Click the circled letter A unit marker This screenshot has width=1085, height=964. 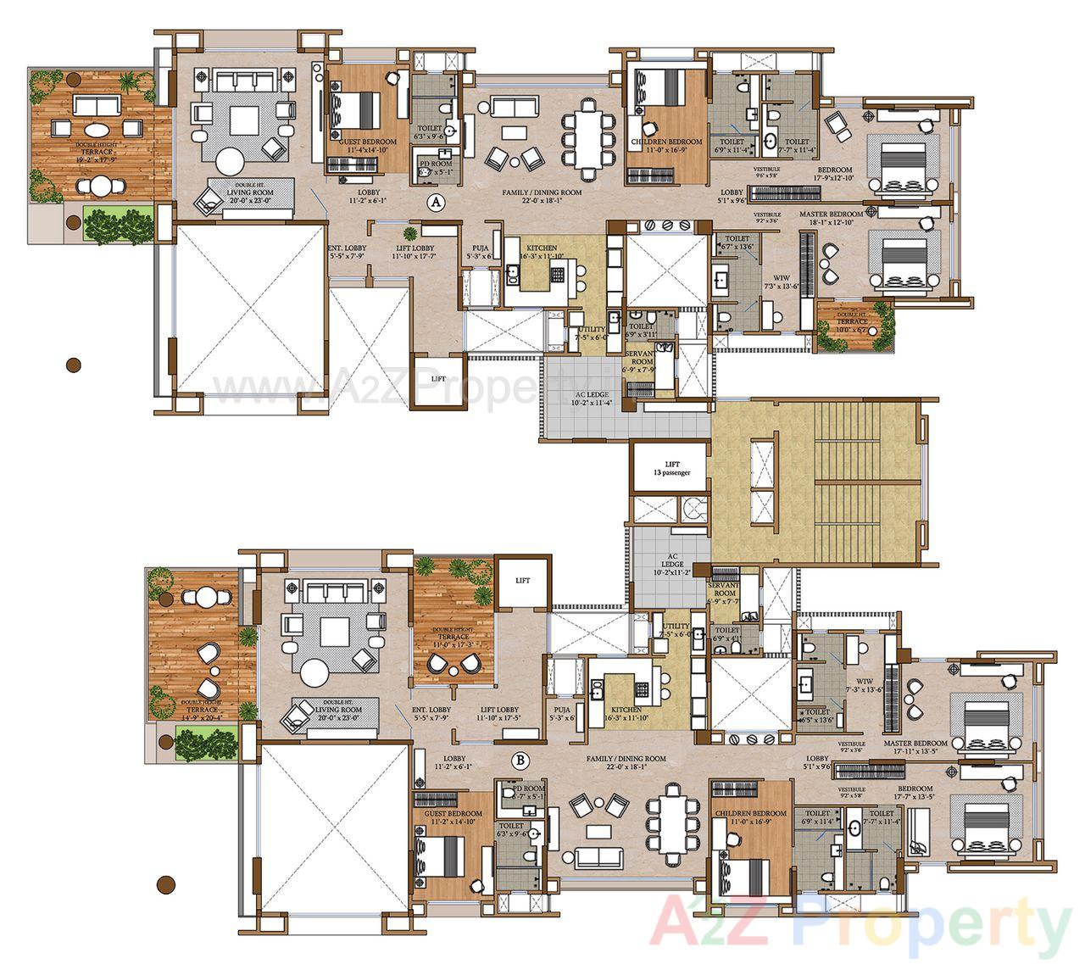click(436, 203)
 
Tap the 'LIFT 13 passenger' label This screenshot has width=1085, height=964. click(671, 468)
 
